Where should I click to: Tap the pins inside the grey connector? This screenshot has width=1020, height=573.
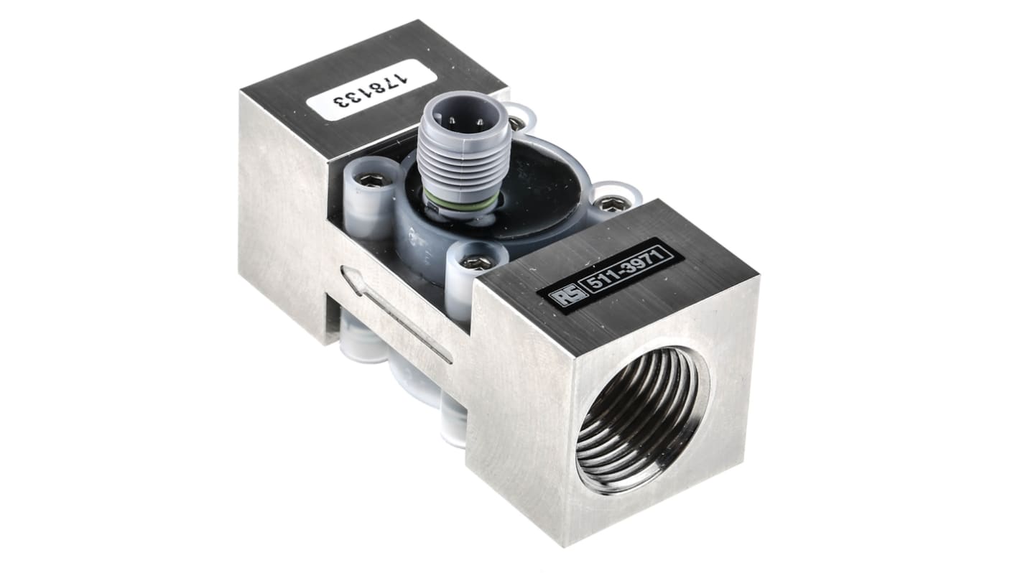point(458,118)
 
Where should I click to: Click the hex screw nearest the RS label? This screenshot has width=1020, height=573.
point(476,263)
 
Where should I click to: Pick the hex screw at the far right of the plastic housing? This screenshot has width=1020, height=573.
point(611,205)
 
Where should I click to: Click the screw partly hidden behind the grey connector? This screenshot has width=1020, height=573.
point(516,123)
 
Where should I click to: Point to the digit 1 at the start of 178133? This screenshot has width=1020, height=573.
point(411,73)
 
